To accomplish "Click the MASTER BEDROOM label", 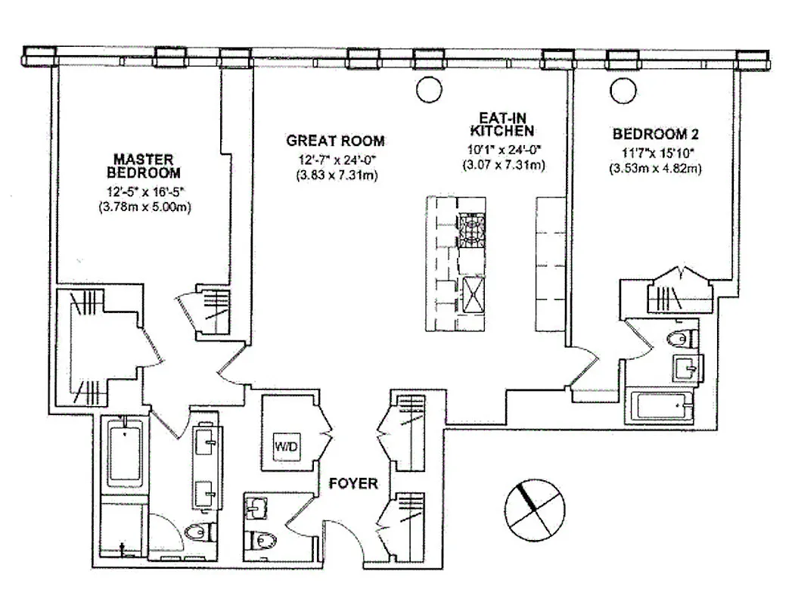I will click(x=143, y=166).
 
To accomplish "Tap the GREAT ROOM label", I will click(x=335, y=141).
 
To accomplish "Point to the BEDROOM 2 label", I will click(x=655, y=135).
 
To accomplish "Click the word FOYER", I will click(x=352, y=482).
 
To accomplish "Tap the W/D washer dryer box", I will click(x=287, y=446).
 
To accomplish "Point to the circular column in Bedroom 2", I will click(x=623, y=90).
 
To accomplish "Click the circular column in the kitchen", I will click(x=429, y=88).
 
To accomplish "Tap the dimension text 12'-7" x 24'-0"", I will click(x=335, y=159).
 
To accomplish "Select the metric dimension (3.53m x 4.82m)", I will click(x=655, y=168).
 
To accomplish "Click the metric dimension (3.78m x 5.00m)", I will click(x=143, y=206).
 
